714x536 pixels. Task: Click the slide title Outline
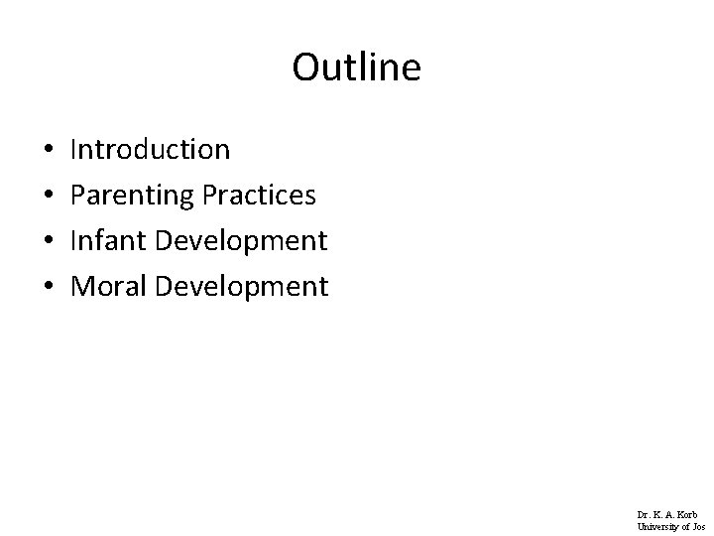click(357, 67)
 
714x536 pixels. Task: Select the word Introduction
click(151, 150)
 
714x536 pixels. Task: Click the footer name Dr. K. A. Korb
click(667, 514)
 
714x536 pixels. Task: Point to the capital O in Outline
click(304, 67)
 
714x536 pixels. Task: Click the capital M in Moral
click(82, 287)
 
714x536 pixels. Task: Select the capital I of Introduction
click(74, 150)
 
